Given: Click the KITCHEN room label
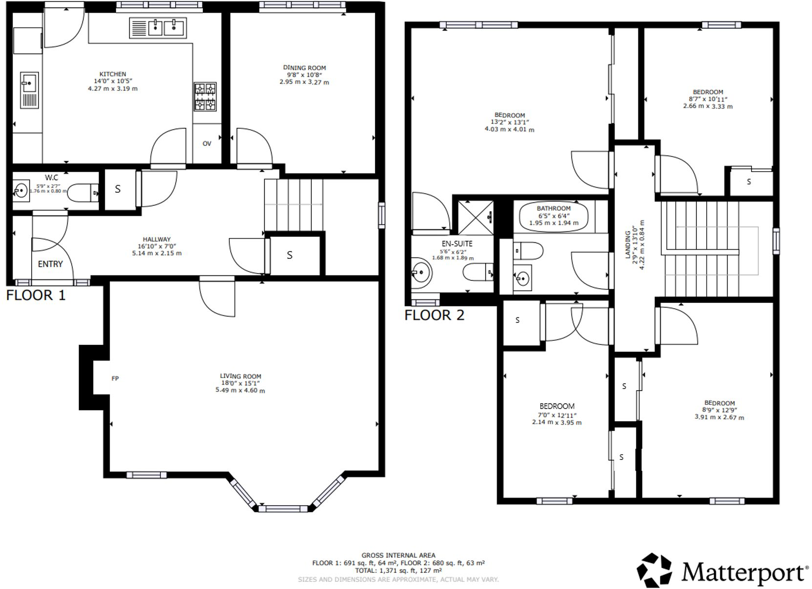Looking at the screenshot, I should coord(113,74).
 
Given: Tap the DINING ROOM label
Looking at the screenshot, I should coord(304,68).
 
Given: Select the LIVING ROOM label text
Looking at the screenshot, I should coord(240,376).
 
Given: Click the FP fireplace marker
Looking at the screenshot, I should coord(115,378).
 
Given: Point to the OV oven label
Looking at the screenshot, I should coord(207,143).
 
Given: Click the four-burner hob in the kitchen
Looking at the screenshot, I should coord(205,97).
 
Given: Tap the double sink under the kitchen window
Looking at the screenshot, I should coord(158,28).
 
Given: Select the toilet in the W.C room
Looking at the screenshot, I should coord(82,193).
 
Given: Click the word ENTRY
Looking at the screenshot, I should coord(50,264).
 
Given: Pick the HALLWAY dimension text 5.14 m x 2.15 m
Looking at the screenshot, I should coord(157,253).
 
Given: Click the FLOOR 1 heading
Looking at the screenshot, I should coord(36,295).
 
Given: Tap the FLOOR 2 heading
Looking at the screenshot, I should coord(434,315).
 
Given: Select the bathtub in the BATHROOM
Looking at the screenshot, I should coord(554,216).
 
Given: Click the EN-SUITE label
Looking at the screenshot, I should coord(456,243).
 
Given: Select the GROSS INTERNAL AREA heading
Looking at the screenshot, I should coord(398,555).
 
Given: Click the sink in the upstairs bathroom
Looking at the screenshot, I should coord(522,278).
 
